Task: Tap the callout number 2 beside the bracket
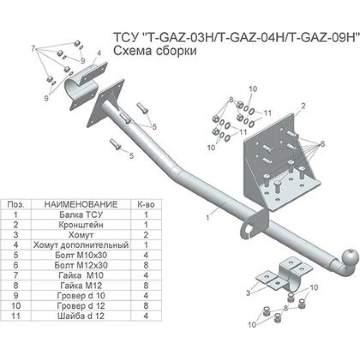[303, 106]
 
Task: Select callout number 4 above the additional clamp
[99, 53]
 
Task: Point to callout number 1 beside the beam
[208, 217]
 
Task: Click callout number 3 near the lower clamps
[248, 292]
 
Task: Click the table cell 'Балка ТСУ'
[81, 215]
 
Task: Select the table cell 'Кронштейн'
[81, 225]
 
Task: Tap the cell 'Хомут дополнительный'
[81, 245]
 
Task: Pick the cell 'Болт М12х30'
[81, 265]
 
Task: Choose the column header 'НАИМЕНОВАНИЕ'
[81, 204]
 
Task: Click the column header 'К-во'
[146, 204]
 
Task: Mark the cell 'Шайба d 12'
[81, 316]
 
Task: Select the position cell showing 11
[16, 316]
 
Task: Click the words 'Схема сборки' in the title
[155, 51]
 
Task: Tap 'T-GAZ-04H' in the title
[251, 37]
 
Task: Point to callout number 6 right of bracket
[322, 144]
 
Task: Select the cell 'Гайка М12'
[81, 285]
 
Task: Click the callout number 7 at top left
[33, 49]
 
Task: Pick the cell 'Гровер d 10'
[81, 296]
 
